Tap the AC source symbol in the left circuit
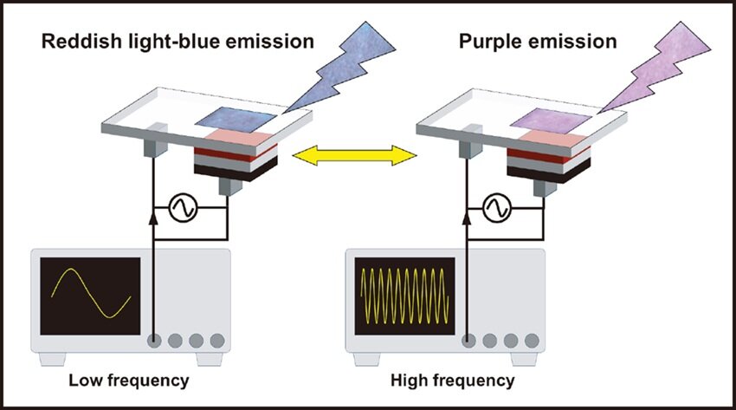point(184,208)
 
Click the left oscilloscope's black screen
point(90,296)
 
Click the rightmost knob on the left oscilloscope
point(216,340)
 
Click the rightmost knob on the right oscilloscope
point(531,340)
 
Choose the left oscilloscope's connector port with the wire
point(155,340)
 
